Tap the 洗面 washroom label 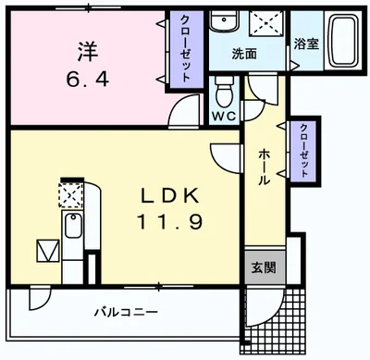245,54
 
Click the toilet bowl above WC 223,93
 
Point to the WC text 223,117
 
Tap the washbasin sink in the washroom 222,23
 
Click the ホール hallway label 264,168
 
